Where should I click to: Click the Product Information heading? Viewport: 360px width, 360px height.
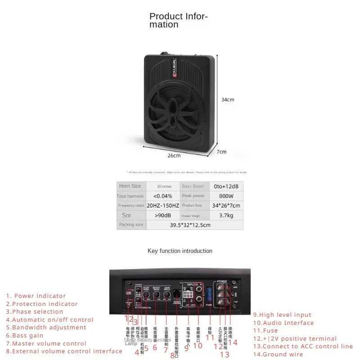[x=178, y=20]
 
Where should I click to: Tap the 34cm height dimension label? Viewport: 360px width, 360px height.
[x=228, y=99]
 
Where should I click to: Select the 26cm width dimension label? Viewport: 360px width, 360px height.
[x=174, y=156]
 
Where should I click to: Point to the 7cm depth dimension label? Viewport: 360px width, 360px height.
[x=222, y=152]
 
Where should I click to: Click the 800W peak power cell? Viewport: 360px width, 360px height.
[x=227, y=196]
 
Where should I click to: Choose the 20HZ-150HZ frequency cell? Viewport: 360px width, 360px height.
[x=162, y=205]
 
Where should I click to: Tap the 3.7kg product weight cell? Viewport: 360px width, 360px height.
[x=227, y=215]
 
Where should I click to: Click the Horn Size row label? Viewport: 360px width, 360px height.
[x=130, y=186]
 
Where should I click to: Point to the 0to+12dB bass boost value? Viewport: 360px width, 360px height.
[x=226, y=186]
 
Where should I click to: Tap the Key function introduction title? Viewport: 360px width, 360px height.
[x=180, y=251]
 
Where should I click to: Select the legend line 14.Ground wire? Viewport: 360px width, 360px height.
[x=278, y=354]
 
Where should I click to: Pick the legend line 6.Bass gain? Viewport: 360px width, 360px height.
[x=25, y=335]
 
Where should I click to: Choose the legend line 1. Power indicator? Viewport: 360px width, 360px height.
[x=36, y=296]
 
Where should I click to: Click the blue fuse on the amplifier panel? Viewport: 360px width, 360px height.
[x=209, y=295]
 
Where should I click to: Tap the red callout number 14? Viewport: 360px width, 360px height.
[x=233, y=342]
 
